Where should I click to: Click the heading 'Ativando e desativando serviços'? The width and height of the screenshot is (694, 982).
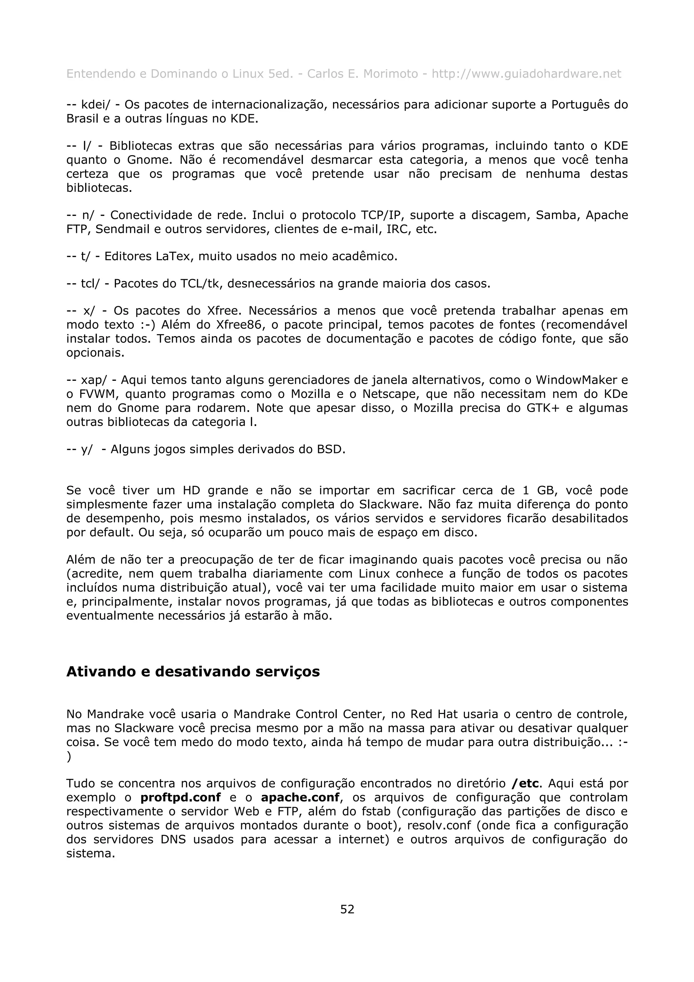(193, 672)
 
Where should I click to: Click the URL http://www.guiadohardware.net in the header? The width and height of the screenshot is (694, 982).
(526, 74)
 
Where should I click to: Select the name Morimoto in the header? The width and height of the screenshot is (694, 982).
(390, 74)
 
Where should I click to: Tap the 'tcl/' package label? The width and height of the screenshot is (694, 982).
(90, 284)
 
